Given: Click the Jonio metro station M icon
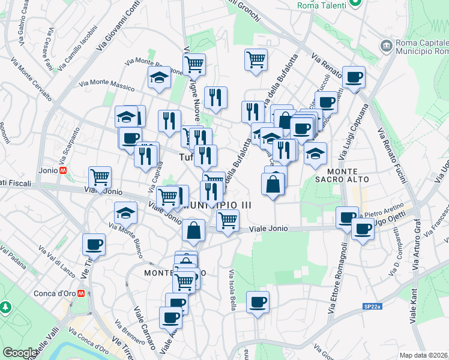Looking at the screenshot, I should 63,170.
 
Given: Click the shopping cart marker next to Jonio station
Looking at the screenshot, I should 100,177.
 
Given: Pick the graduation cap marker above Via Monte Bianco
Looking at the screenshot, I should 125,213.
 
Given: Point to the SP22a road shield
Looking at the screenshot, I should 372,307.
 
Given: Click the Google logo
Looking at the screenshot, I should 20,353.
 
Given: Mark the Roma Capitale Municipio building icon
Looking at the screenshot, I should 386,45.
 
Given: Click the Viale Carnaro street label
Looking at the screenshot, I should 144,329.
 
